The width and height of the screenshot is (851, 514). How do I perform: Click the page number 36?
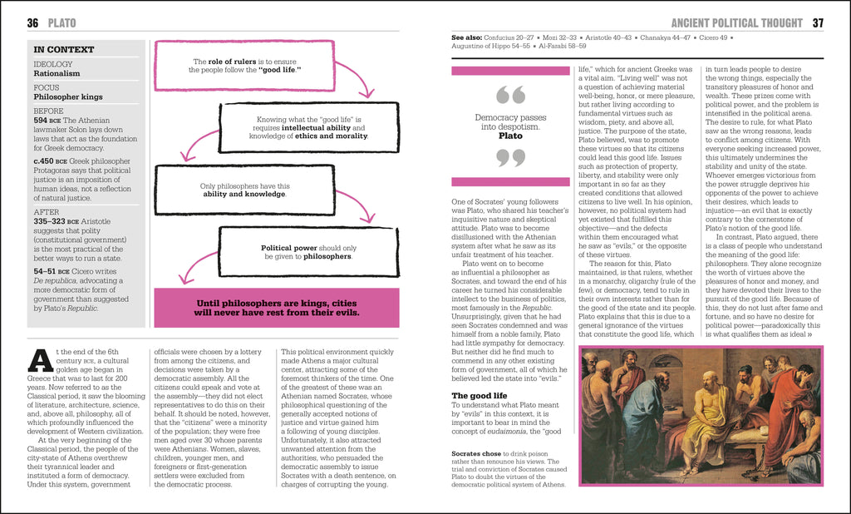coord(33,22)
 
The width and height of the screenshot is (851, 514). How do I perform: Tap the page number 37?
coord(818,22)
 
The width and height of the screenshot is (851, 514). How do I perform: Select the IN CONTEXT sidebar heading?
coord(64,50)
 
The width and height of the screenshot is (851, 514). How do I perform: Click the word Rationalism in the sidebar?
coord(57,74)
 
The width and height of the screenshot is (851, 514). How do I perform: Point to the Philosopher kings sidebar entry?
coord(69,97)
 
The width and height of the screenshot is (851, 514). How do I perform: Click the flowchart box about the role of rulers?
coord(246,66)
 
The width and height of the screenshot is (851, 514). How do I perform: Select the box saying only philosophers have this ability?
coord(245,190)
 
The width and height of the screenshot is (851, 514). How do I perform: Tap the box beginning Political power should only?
coord(308,251)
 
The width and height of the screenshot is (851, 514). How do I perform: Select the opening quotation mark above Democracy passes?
coord(511,96)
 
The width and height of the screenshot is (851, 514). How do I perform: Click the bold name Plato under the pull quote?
coord(511,135)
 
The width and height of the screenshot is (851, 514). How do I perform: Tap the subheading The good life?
coord(479,395)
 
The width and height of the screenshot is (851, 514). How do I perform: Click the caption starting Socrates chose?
coord(508,469)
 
